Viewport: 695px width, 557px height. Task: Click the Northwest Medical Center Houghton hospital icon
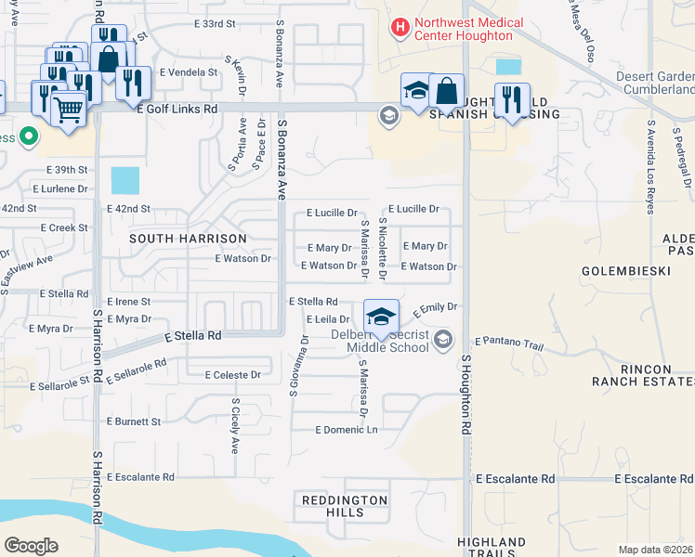(400, 28)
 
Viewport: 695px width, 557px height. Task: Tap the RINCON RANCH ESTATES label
(643, 374)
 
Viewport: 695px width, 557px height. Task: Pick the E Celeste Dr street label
(232, 375)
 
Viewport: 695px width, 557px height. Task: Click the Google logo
(32, 545)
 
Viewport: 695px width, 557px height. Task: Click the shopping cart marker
(69, 109)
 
